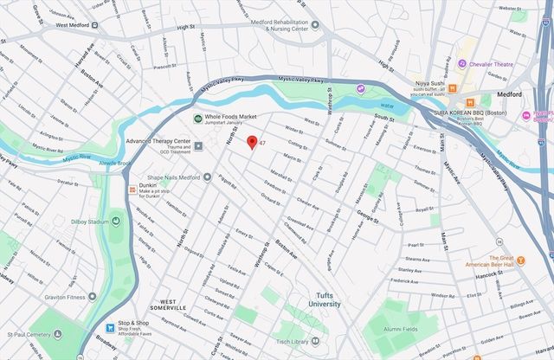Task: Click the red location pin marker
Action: [x=252, y=143]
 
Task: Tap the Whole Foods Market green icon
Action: [x=197, y=119]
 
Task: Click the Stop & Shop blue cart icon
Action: [x=110, y=328]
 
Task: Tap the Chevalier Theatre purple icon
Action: [x=463, y=63]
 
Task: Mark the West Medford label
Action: [x=74, y=25]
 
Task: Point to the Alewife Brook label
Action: [x=113, y=163]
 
